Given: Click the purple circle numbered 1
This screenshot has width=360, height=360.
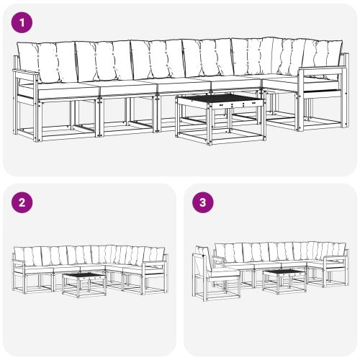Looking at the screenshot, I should [23, 23].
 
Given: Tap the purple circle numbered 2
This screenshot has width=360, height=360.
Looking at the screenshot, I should [23, 202].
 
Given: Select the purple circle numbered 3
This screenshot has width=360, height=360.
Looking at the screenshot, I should [203, 202].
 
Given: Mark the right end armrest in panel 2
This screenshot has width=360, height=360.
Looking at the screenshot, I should [153, 264].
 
